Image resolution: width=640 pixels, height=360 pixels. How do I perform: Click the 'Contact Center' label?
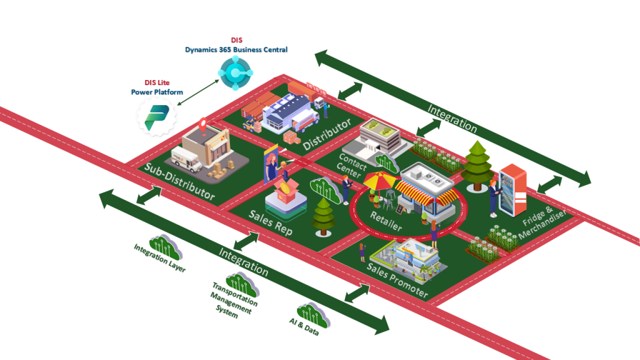click(x=350, y=163)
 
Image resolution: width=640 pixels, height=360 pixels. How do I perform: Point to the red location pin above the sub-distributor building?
click(x=202, y=124)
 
